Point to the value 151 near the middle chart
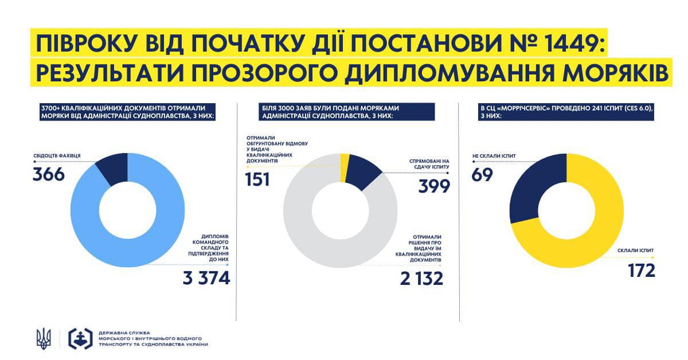point(258,179)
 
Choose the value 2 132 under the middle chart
point(422,279)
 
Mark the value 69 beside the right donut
point(482,175)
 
